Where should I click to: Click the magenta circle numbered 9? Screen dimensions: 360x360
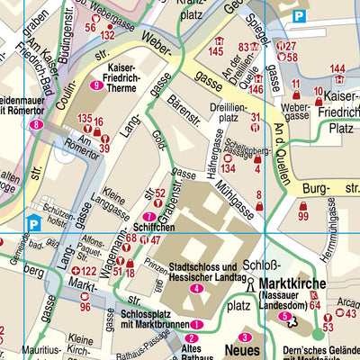pos(96,85)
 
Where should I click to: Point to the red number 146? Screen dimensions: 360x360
pos(256,89)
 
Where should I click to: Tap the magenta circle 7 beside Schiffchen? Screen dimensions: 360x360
pos(148,217)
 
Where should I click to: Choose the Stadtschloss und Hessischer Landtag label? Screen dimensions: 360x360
pos(205,272)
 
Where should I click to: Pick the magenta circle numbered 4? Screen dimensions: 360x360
pos(196,288)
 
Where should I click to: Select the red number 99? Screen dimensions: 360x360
pos(302,217)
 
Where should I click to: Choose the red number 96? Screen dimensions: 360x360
pos(85,307)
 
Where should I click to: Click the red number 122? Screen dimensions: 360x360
pos(88,271)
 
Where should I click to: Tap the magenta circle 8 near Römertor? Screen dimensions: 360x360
pos(35,125)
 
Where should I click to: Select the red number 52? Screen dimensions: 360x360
pos(159,193)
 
